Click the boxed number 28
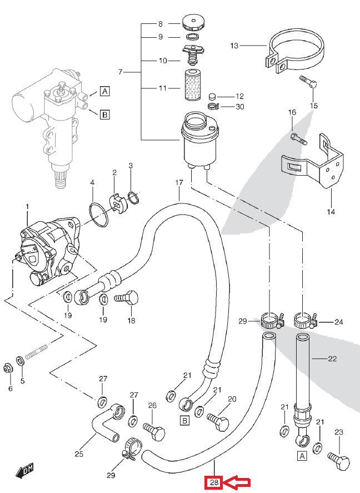pyautogui.click(x=214, y=482)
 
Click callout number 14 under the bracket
pyautogui.click(x=332, y=211)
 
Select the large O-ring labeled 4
pyautogui.click(x=99, y=215)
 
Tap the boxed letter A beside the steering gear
pyautogui.click(x=104, y=92)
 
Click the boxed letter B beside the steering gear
pyautogui.click(x=104, y=114)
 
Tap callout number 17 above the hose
pyautogui.click(x=179, y=182)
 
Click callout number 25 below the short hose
pyautogui.click(x=79, y=454)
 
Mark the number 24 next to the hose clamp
pyautogui.click(x=339, y=321)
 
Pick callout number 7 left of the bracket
pyautogui.click(x=120, y=72)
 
